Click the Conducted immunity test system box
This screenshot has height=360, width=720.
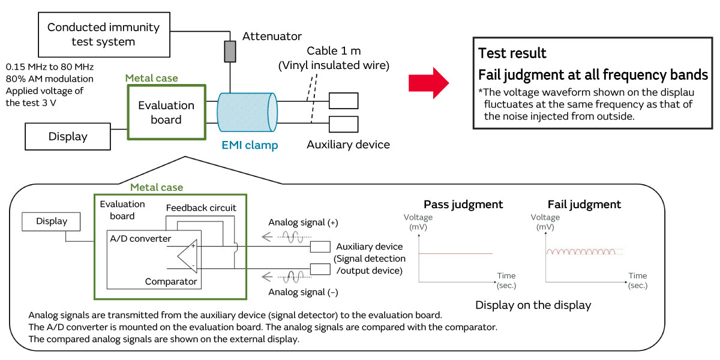(x=103, y=34)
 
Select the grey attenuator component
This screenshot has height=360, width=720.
(x=230, y=51)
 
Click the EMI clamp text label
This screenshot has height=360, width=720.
(x=250, y=145)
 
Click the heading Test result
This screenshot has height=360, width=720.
(x=512, y=53)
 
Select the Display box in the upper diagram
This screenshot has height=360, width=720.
(x=68, y=136)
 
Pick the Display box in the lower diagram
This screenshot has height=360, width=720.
(x=52, y=221)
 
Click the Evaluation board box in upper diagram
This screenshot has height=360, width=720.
(x=166, y=112)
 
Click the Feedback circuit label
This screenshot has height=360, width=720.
(x=201, y=208)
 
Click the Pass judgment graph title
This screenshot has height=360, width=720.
(x=463, y=204)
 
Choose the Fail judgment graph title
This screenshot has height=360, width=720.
(x=584, y=204)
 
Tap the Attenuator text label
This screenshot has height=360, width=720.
(x=272, y=37)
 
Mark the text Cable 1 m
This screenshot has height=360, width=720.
(x=334, y=50)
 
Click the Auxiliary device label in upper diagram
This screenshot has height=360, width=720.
(x=348, y=145)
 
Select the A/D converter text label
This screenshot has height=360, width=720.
(x=140, y=239)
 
